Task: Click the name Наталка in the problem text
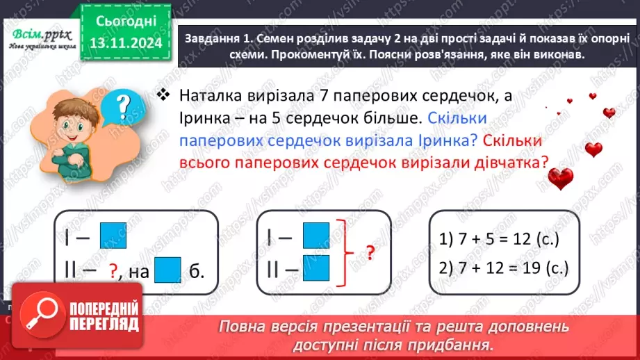[x=213, y=97]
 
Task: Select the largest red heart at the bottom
[x=559, y=178]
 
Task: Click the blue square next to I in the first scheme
[x=113, y=236]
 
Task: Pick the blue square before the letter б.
[x=167, y=270]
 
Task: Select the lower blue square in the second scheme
[x=315, y=269]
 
